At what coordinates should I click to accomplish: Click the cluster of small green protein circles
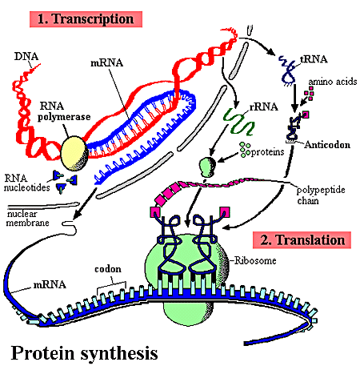coord(246,150)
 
